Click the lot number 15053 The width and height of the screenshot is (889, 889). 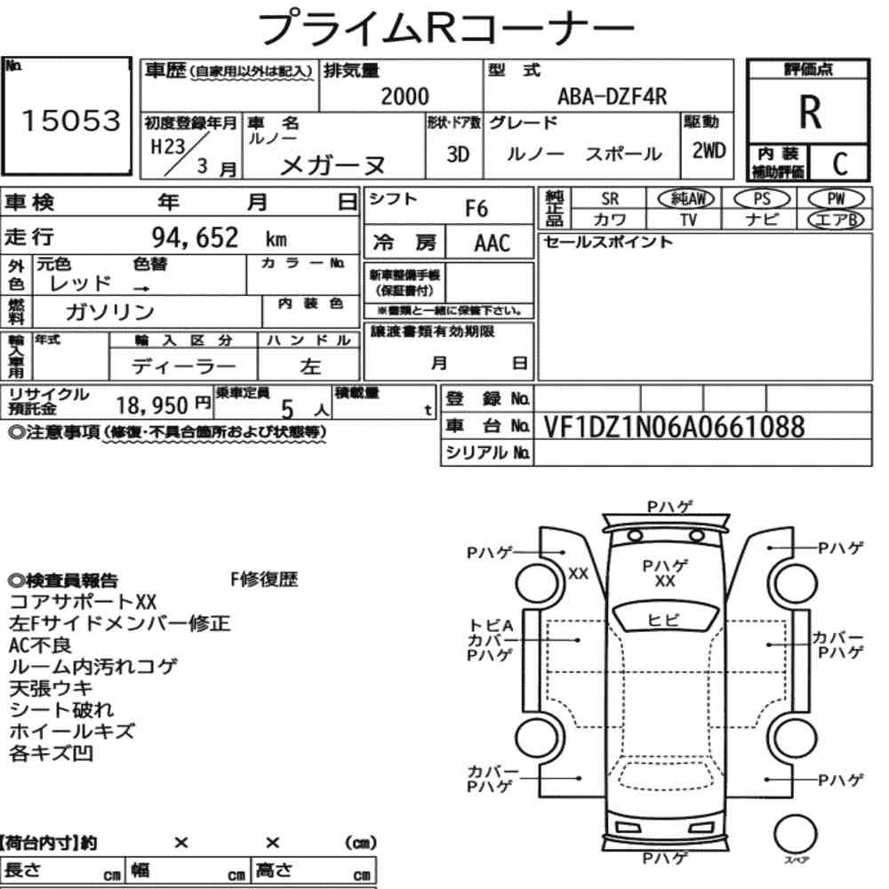(71, 121)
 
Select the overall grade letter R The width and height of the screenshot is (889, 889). (810, 112)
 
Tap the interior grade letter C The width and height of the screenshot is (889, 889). (840, 164)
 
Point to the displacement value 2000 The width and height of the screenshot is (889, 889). (404, 96)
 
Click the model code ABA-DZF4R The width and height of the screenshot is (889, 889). (613, 97)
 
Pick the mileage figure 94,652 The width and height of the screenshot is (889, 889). (195, 237)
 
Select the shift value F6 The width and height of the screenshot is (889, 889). (477, 209)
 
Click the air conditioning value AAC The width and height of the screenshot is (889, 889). (493, 244)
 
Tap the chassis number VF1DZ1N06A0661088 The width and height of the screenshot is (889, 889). (674, 427)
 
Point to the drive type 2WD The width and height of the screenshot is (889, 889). (709, 150)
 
